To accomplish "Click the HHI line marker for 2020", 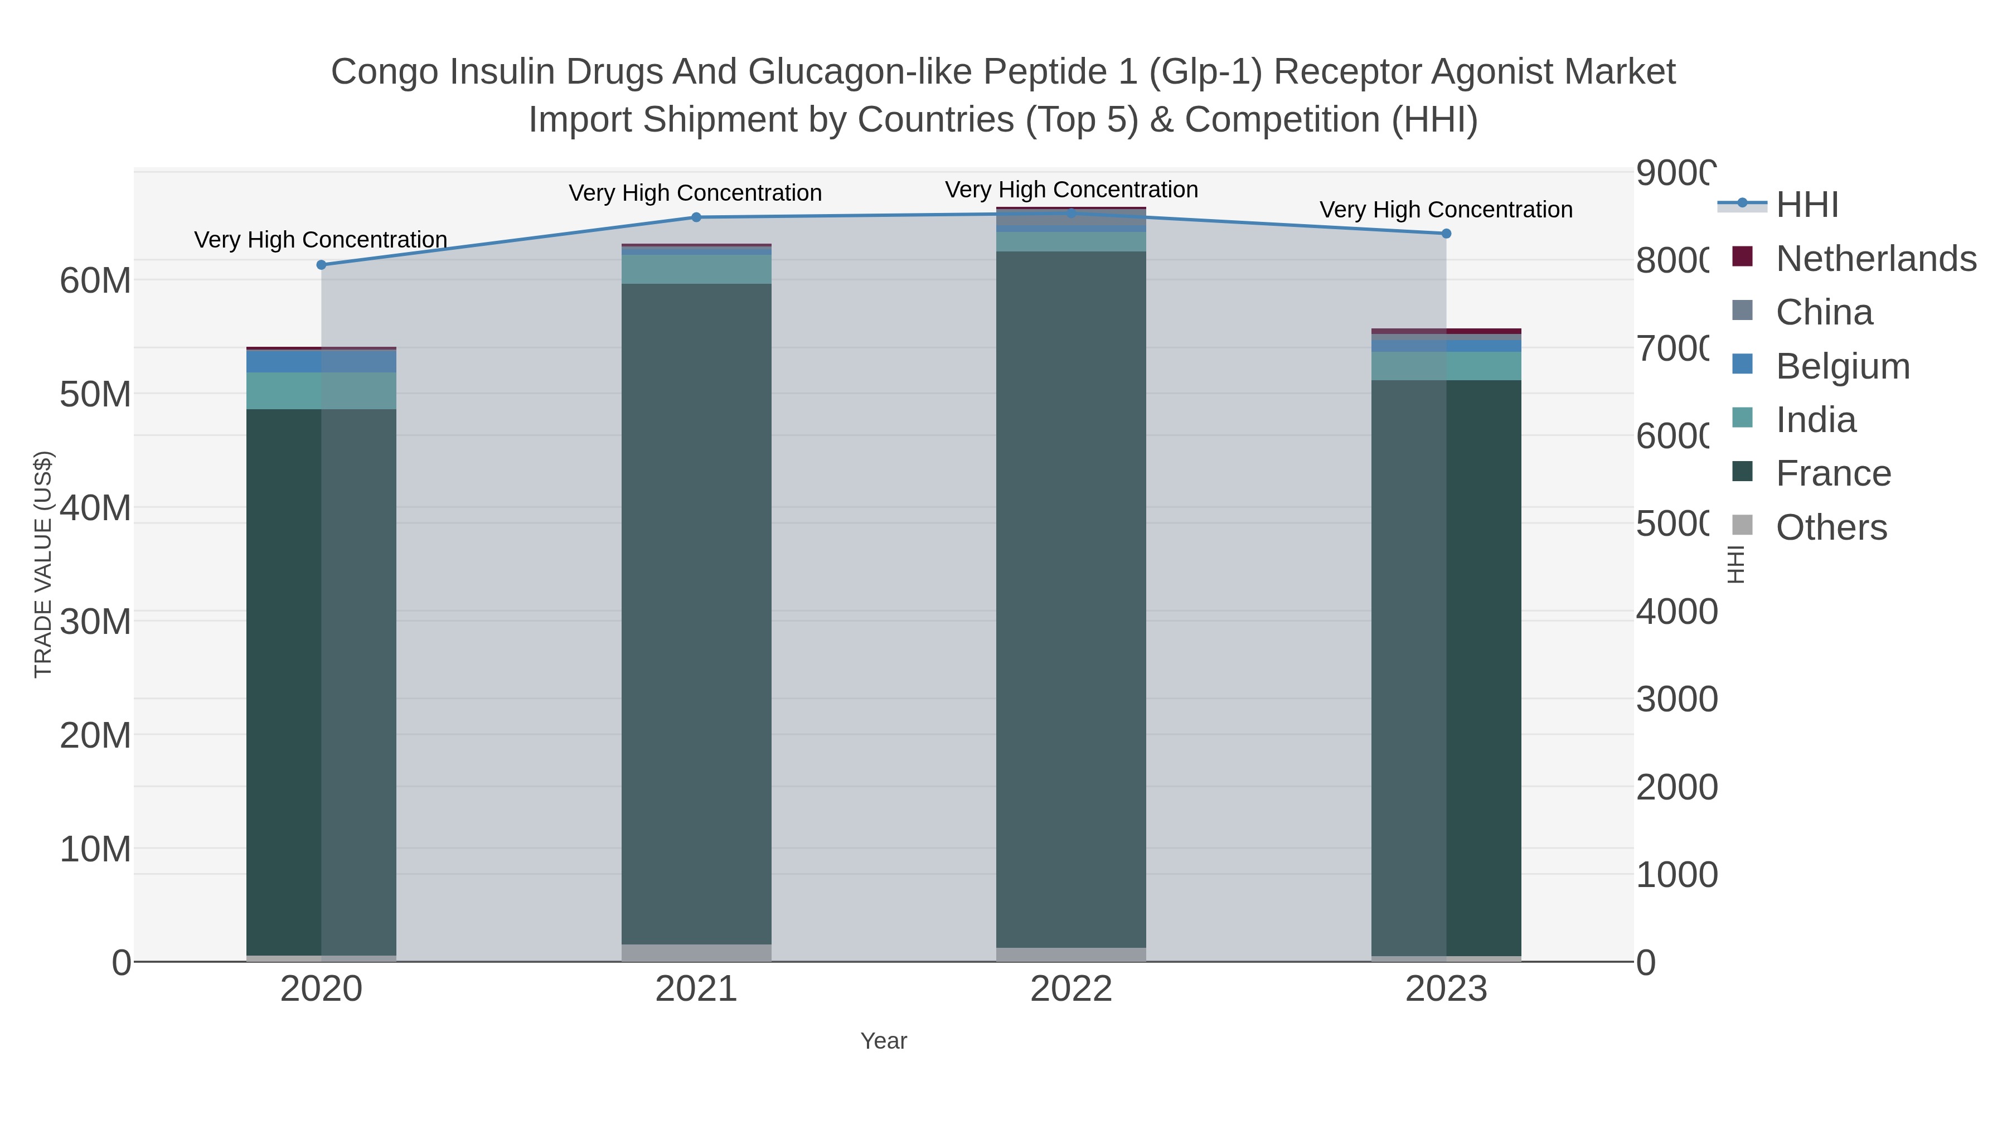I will [321, 265].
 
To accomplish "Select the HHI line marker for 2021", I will [696, 217].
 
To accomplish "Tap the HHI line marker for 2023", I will [1446, 234].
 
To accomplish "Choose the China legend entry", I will [1823, 312].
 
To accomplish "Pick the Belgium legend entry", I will [1842, 366].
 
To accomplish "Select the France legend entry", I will [1833, 474].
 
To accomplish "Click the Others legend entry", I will [1831, 527].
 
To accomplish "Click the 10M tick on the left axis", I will [95, 849].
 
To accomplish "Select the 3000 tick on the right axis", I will [1675, 700].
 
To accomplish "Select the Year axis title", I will [884, 1041].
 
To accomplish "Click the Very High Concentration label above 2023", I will [1446, 210].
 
